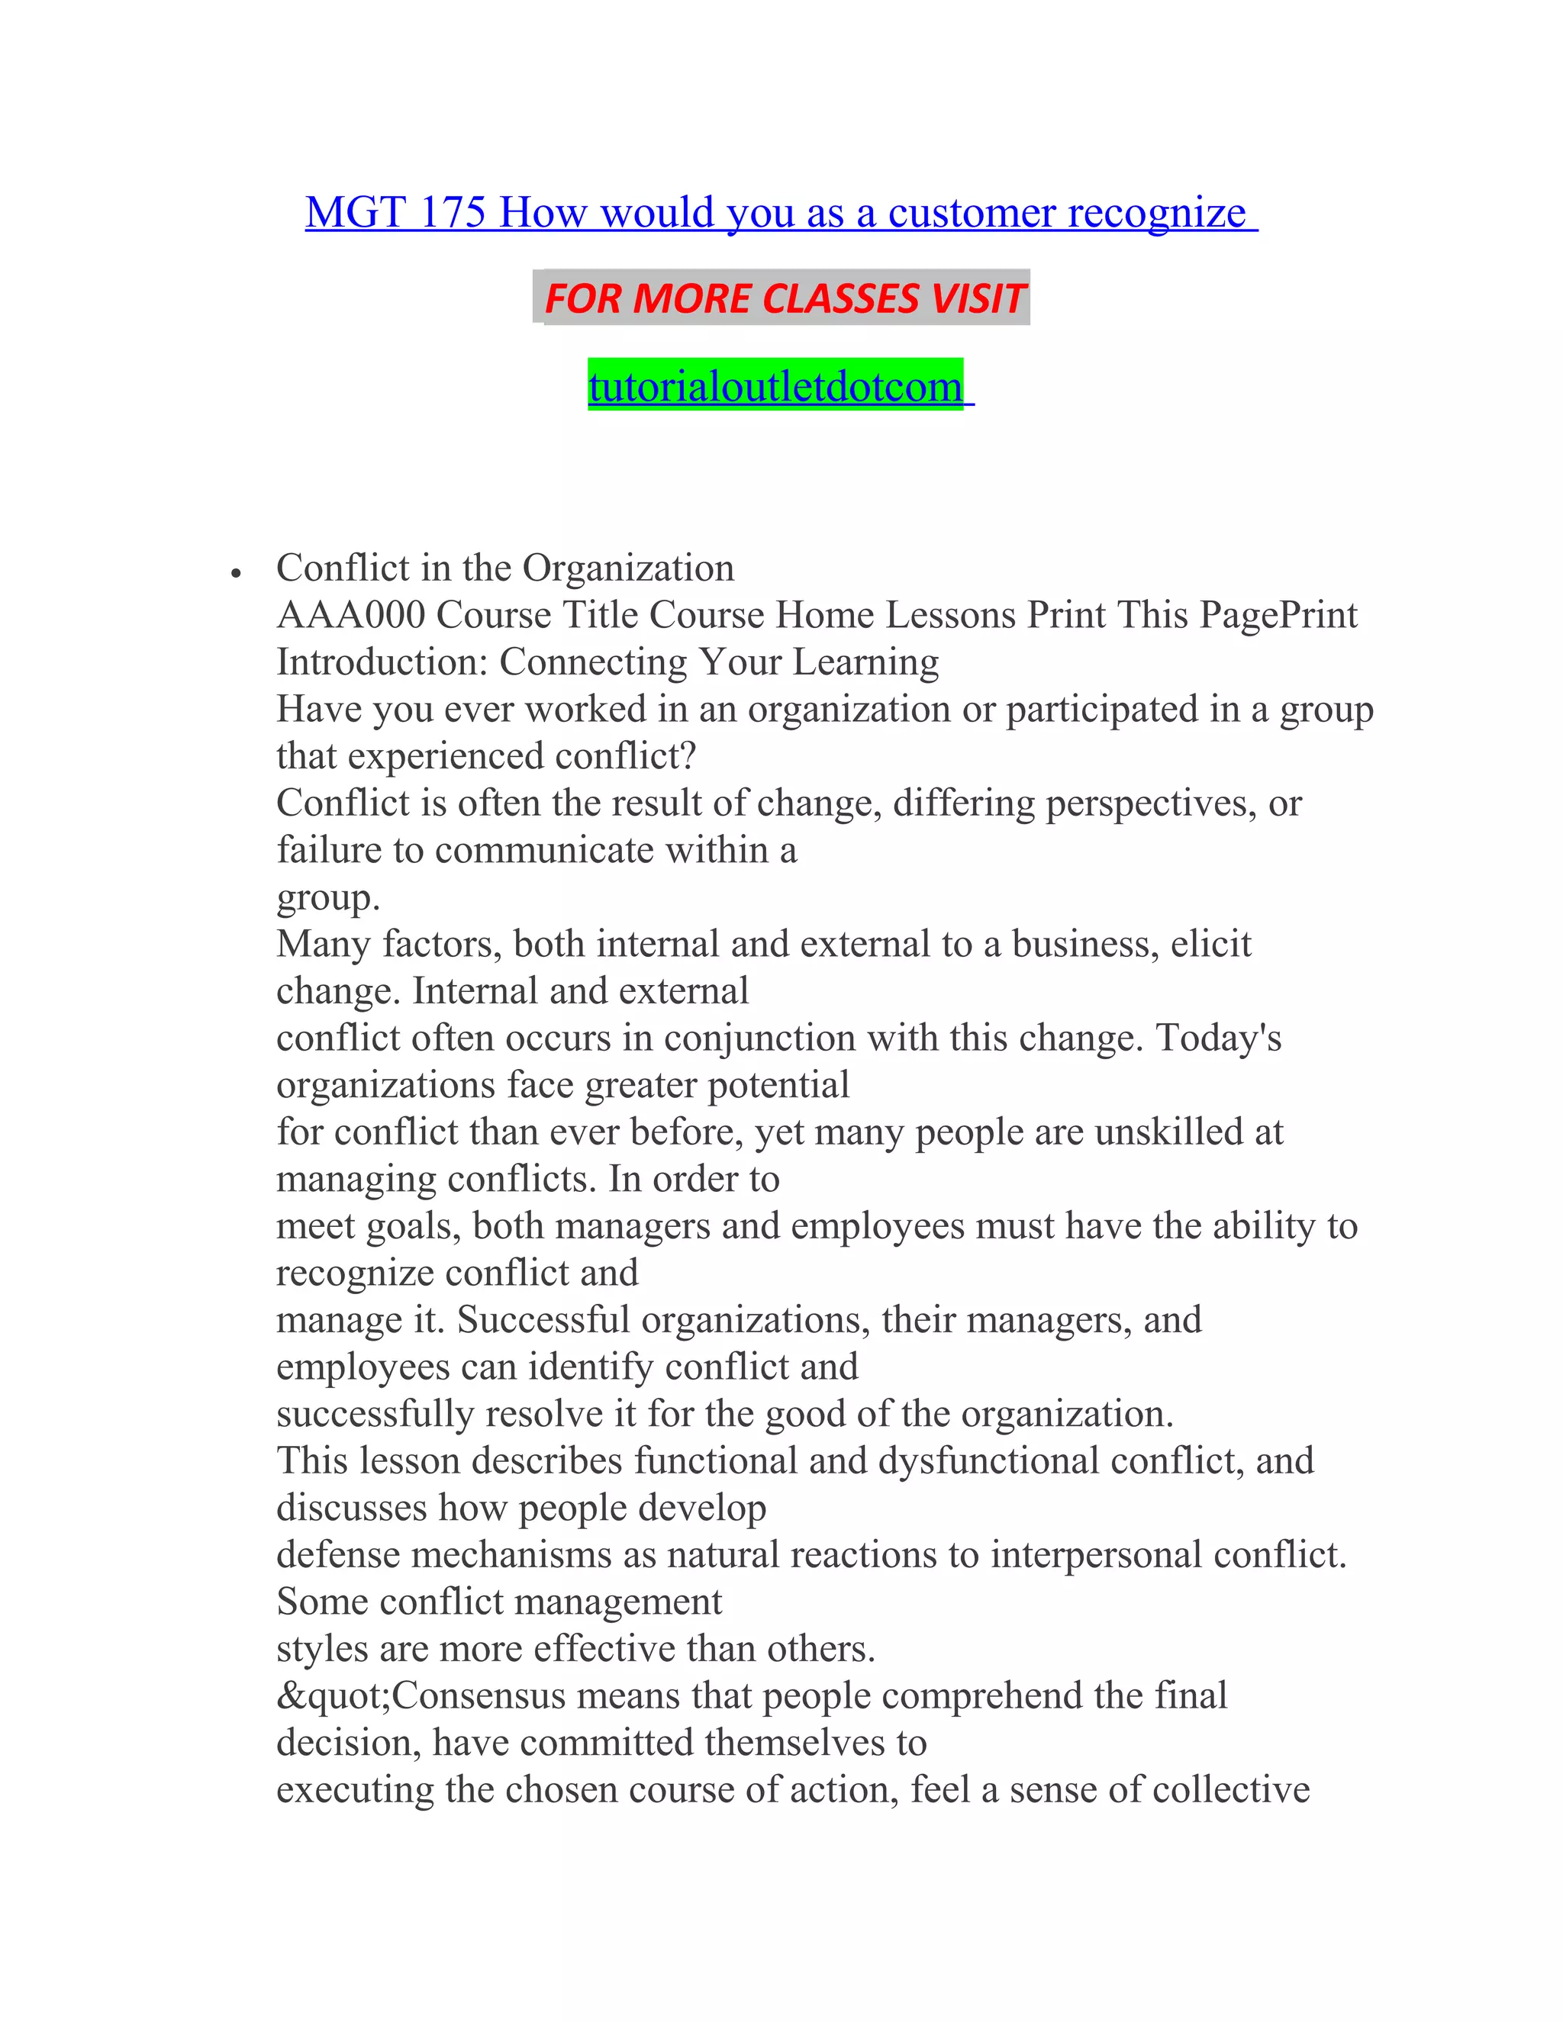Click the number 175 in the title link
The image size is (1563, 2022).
pyautogui.click(x=452, y=212)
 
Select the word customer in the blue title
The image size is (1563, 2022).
pyautogui.click(x=972, y=212)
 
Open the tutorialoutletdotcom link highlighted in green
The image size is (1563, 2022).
pyautogui.click(x=776, y=386)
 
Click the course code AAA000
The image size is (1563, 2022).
pyautogui.click(x=351, y=615)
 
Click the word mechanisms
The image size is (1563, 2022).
pyautogui.click(x=512, y=1555)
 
